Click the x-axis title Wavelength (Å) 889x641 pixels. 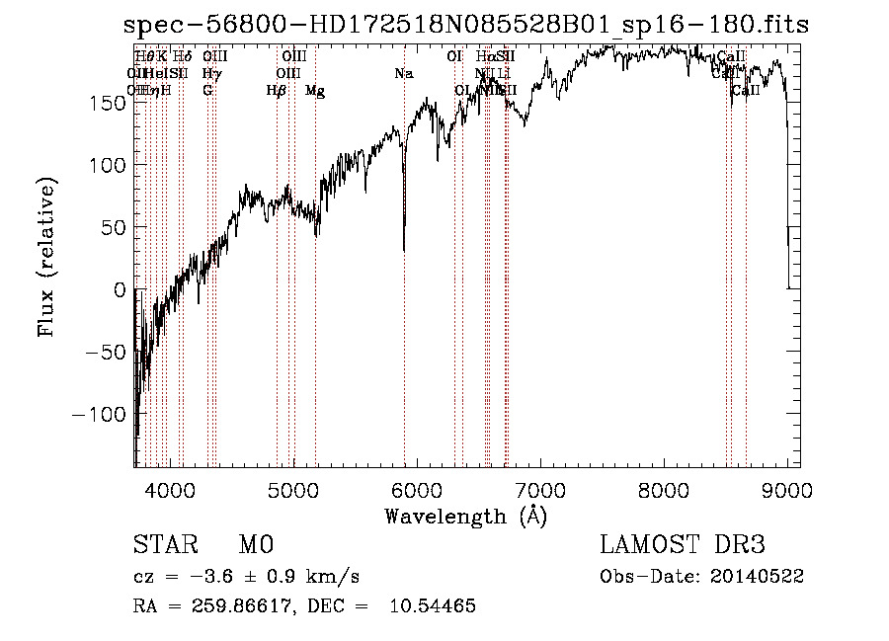point(465,516)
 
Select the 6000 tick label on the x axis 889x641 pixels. point(417,488)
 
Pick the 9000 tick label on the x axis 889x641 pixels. point(787,488)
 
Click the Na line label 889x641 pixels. point(403,73)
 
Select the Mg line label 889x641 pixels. point(315,91)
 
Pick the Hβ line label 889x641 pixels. point(277,91)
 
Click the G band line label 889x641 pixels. point(207,90)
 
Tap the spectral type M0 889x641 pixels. point(255,545)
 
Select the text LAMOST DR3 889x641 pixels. point(683,545)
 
